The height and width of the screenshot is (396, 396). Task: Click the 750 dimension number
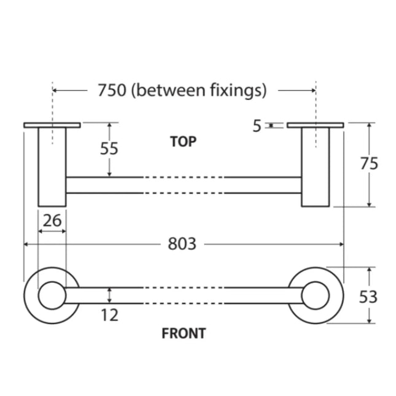pos(112,90)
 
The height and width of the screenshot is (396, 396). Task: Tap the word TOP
pos(183,142)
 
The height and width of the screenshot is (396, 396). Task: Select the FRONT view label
pos(184,334)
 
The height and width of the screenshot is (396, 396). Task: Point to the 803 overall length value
pos(182,244)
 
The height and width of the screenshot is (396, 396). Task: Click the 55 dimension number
pos(109,149)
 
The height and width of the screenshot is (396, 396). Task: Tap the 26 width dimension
pos(52,220)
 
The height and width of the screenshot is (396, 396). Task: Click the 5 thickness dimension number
pos(257,126)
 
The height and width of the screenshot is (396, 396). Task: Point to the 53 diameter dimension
pos(368,297)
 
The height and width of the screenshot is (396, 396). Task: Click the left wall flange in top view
pos(52,125)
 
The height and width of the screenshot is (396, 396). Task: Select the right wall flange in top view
pos(316,126)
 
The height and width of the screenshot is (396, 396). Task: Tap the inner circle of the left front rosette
pos(52,296)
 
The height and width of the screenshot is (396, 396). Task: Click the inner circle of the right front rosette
pos(316,296)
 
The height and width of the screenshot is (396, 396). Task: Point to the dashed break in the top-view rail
pos(184,185)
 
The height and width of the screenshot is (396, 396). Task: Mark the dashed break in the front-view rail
pos(184,296)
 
